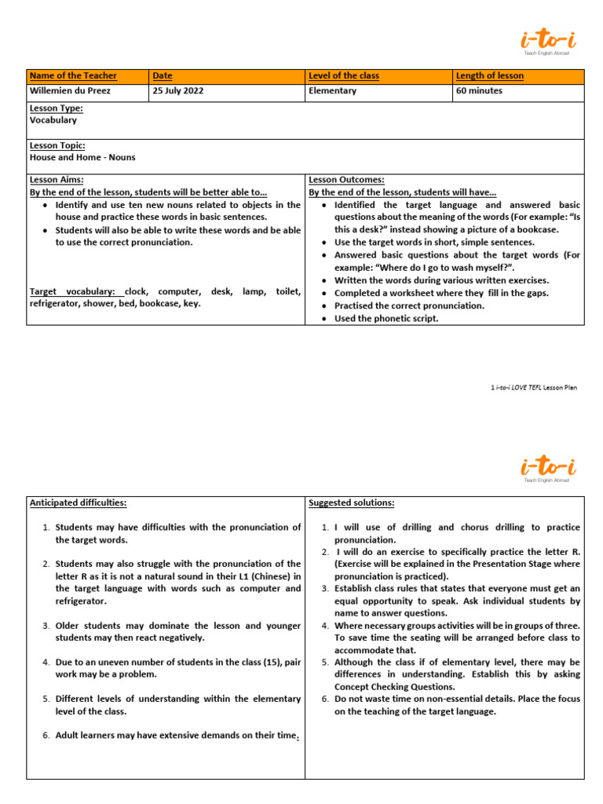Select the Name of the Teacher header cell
73,76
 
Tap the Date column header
163,76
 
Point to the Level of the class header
344,76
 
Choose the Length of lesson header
490,76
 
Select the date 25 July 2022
178,91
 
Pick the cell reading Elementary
333,91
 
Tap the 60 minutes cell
480,91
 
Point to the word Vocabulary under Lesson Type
53,121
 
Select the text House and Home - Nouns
82,157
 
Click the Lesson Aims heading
57,180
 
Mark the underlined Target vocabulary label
75,291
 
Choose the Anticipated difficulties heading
78,502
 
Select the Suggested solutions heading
352,502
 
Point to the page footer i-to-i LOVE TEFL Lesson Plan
533,388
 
